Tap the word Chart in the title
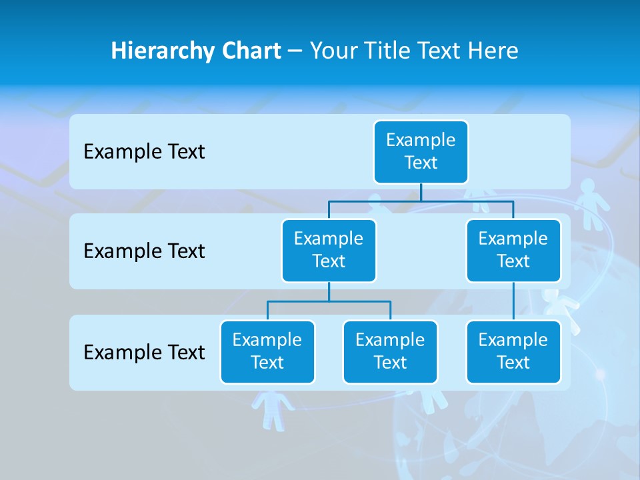pos(251,51)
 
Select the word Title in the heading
pos(386,51)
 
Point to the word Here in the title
pos(493,51)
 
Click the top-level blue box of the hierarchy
pos(421,152)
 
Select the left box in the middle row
pos(329,250)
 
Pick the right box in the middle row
pos(513,250)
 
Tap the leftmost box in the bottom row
pos(267,351)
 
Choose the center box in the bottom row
pos(390,351)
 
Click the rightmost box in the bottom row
pos(513,351)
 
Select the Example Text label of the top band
pos(144,152)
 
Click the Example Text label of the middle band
pos(144,251)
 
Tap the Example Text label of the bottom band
pos(144,352)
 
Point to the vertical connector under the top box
pos(421,193)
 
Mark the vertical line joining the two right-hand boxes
pos(513,301)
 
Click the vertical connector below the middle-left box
pos(329,292)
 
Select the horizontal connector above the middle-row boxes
pos(421,201)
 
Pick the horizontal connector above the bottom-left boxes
pos(329,301)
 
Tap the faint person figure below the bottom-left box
pos(272,408)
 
